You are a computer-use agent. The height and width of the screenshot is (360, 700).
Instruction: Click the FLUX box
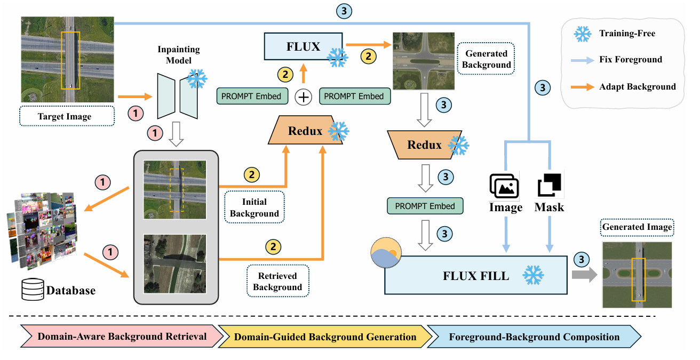303,46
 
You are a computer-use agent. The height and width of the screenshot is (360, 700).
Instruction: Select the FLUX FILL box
476,276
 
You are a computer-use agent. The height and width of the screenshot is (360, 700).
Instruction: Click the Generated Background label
486,59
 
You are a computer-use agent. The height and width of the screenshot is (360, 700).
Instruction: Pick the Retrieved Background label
277,282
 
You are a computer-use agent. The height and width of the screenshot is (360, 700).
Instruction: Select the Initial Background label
254,207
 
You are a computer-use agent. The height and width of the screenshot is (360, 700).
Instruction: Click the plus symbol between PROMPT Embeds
303,97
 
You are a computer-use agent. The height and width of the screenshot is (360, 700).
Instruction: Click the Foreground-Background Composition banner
534,337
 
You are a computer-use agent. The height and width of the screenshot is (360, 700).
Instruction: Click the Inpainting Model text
178,55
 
